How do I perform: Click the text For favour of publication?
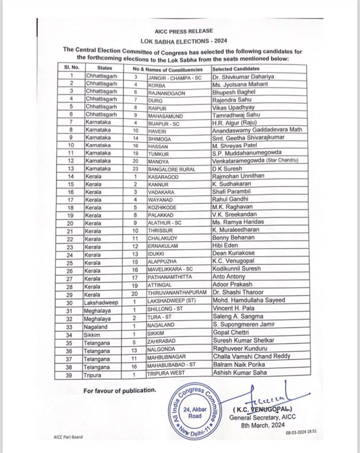[x=120, y=391]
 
